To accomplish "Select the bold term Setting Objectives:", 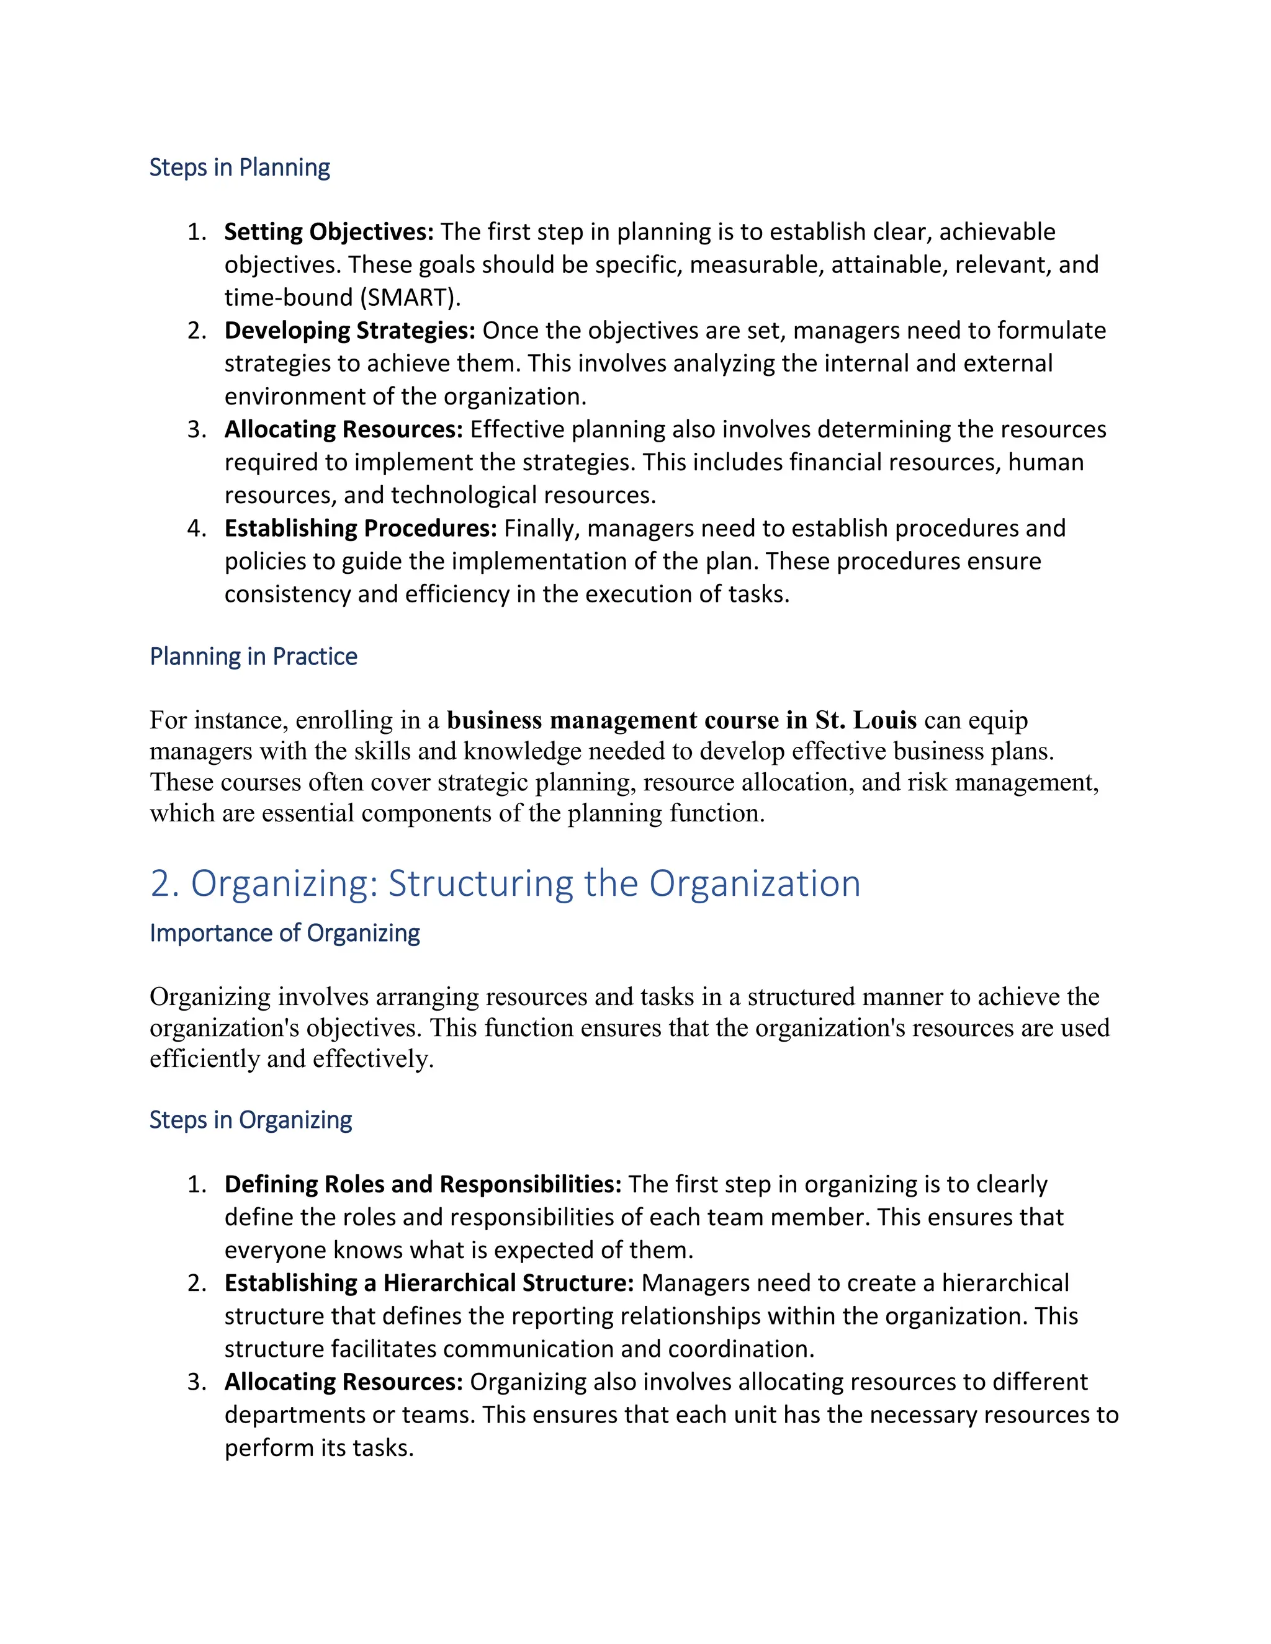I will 329,232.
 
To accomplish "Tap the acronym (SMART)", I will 410,297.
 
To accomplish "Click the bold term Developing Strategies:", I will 349,331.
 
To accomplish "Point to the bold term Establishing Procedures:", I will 361,529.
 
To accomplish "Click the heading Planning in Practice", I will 253,656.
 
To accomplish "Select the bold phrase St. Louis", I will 866,720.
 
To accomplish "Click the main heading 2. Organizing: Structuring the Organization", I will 505,883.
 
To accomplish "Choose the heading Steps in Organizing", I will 250,1119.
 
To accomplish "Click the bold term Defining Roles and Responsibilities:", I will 423,1184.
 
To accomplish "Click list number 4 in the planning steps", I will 197,529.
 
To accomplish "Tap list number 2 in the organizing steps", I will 197,1283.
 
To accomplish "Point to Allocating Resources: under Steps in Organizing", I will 343,1382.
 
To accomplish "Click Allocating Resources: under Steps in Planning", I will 343,429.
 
